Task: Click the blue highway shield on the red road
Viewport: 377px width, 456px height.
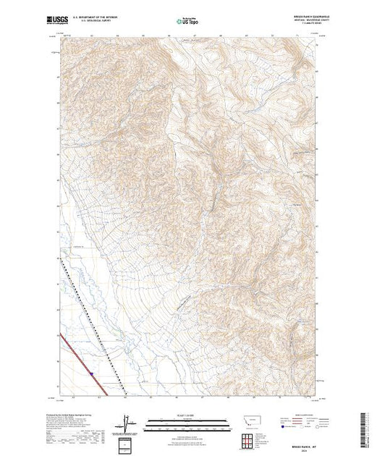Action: (x=92, y=374)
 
